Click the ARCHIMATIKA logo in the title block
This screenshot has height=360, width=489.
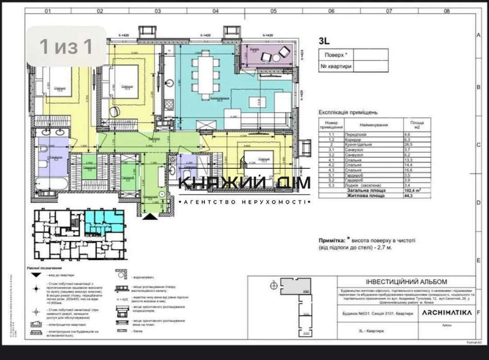pyautogui.click(x=445, y=313)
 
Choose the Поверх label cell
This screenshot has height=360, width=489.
pyautogui.click(x=335, y=55)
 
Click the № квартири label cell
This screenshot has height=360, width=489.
pyautogui.click(x=335, y=66)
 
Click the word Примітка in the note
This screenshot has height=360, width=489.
pyautogui.click(x=330, y=241)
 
